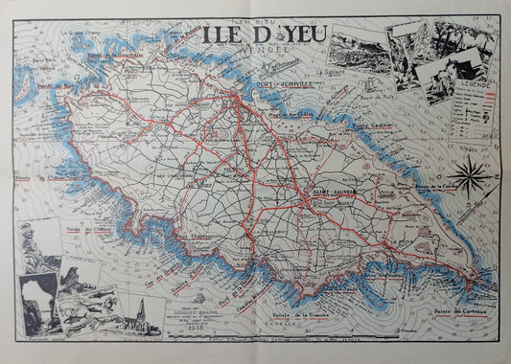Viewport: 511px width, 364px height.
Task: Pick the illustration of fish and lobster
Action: point(86,308)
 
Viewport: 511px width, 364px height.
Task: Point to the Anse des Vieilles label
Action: point(381,275)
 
